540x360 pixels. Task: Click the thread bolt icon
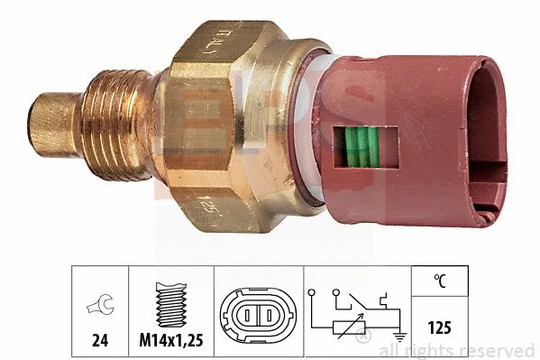(x=169, y=305)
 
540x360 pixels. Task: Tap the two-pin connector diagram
(x=258, y=315)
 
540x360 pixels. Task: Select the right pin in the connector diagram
(x=268, y=315)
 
